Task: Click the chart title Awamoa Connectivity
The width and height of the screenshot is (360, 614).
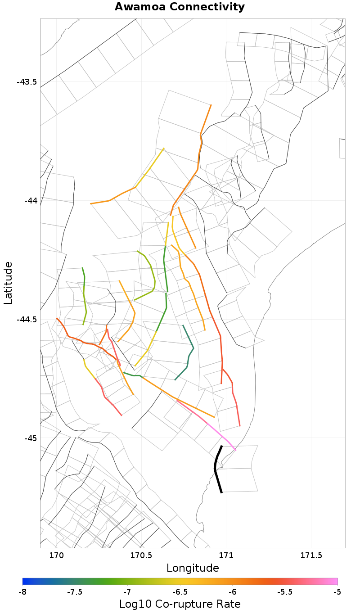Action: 180,7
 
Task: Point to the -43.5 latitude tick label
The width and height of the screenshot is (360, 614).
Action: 27,82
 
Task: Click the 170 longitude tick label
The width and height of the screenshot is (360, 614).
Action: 56,555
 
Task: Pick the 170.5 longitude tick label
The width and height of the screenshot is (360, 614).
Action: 141,555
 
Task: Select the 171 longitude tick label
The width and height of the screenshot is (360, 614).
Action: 226,555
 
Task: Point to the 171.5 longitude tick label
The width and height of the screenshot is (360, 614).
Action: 311,555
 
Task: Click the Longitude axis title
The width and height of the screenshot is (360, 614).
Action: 193,568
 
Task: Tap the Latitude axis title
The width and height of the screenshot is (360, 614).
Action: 8,283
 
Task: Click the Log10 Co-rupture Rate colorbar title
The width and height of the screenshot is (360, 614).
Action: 180,604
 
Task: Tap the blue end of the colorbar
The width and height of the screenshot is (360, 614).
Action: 25,581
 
